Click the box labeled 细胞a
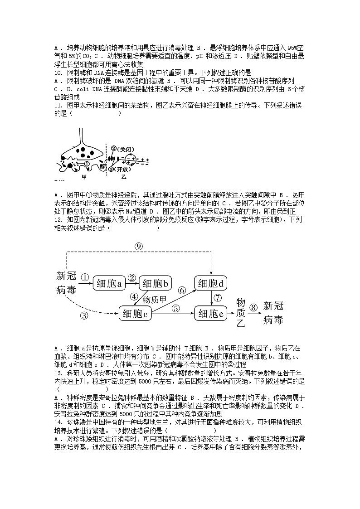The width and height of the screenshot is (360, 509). (x=109, y=284)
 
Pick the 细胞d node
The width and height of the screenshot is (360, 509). (x=211, y=284)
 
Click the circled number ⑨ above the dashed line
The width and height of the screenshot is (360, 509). (x=139, y=247)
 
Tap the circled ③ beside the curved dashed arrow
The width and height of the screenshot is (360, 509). (x=84, y=316)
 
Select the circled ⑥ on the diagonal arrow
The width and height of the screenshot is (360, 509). (x=182, y=291)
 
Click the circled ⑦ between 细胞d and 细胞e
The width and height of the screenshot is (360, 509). (x=218, y=298)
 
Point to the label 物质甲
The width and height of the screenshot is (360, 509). (x=155, y=299)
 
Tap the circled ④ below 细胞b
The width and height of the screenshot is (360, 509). (x=134, y=297)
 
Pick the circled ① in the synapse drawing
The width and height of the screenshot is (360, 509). (x=86, y=164)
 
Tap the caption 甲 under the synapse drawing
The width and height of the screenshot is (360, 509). (x=83, y=177)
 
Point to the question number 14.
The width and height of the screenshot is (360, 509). (x=58, y=422)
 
